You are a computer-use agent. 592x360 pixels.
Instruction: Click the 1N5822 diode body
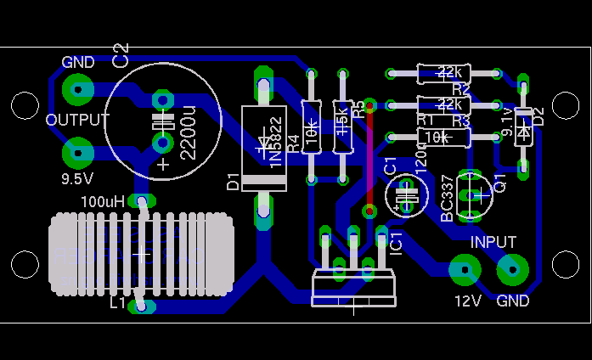click(264, 148)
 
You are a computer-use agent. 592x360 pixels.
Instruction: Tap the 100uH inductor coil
click(141, 254)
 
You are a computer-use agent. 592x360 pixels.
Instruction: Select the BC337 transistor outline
click(472, 194)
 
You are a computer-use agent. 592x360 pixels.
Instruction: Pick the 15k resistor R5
click(342, 127)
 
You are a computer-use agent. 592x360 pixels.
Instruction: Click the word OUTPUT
click(77, 120)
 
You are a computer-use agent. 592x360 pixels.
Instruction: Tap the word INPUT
click(493, 242)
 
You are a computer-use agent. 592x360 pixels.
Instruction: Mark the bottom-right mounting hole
click(566, 264)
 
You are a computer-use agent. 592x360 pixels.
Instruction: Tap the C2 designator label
click(121, 54)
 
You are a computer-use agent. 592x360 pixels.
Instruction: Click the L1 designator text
click(117, 302)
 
